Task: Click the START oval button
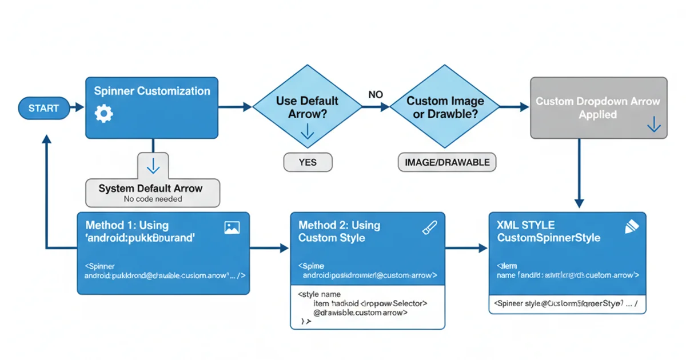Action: pos(43,108)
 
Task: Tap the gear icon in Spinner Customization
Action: pos(103,114)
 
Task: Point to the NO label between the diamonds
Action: pos(376,94)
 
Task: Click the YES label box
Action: pos(308,162)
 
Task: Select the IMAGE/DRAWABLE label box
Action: pos(446,162)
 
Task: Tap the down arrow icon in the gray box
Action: pos(653,126)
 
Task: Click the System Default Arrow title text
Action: pos(150,188)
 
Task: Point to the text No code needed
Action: pos(153,199)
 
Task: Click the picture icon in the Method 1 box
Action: pos(232,227)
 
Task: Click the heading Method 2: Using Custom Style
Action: pos(340,231)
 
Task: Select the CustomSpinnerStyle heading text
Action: pos(548,237)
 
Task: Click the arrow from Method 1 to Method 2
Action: pos(269,248)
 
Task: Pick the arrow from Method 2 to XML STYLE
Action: pos(466,248)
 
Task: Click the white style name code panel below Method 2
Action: pos(368,309)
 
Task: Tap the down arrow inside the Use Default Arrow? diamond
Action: pos(307,132)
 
